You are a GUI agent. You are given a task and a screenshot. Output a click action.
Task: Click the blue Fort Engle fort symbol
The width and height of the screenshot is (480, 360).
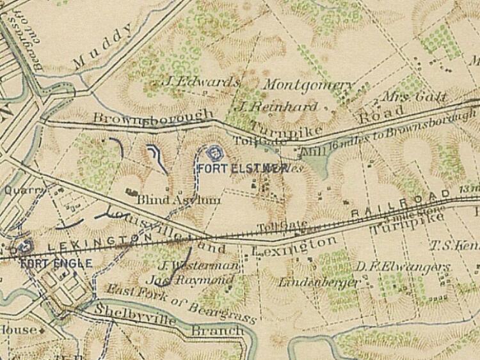[26, 246]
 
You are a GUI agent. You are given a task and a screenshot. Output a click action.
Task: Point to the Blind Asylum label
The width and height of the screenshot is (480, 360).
[179, 200]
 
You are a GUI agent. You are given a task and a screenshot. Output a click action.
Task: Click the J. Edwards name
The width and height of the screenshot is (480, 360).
[202, 82]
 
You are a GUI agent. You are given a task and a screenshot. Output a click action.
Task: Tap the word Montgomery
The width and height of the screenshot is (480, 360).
[308, 85]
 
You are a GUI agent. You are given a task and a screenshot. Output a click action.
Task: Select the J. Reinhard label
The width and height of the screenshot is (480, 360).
[276, 106]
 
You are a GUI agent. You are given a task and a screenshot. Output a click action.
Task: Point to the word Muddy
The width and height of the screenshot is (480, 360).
[104, 47]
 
